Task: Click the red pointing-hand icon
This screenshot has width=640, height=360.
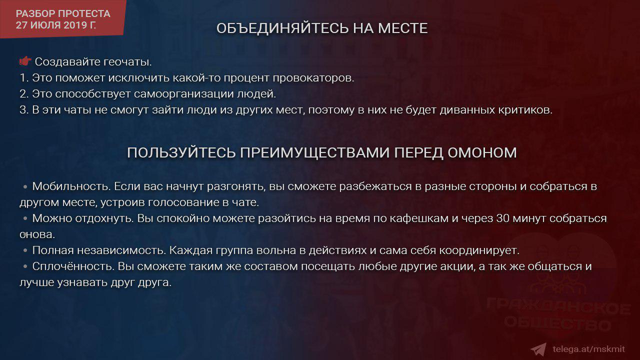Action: coord(25,61)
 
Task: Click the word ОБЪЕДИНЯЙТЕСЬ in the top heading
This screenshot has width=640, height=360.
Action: coord(282,28)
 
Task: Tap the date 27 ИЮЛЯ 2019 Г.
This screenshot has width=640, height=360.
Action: coord(55,25)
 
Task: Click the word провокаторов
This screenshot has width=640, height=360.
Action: coord(313,78)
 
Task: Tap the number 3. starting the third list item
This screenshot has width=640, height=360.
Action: coord(24,110)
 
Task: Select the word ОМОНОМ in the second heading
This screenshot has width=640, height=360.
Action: coord(482,152)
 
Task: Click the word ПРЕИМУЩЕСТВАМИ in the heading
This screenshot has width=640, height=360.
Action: coord(315,152)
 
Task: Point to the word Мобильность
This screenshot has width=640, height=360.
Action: coord(71,186)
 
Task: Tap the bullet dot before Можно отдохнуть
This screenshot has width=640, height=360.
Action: coord(25,218)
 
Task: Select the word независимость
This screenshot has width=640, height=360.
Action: coord(121,250)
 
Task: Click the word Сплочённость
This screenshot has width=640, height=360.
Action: coord(73,266)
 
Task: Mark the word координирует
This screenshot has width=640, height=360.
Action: coord(479,250)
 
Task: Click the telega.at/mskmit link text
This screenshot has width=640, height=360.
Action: coord(588,349)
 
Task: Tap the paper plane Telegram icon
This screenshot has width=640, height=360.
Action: coord(539,349)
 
